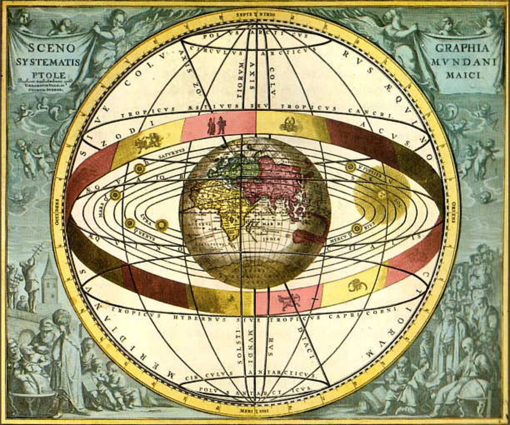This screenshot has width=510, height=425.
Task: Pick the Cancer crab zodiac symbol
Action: click(291, 124)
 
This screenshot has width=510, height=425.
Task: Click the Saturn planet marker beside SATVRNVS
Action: click(139, 169)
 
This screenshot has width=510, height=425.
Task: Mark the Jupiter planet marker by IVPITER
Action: click(351, 167)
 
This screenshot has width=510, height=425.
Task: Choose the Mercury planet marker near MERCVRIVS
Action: click(357, 228)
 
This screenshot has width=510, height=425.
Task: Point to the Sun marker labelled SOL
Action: click(382, 195)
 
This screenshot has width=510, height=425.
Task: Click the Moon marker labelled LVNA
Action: click(130, 223)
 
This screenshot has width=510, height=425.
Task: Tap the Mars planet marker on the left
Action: click(115, 195)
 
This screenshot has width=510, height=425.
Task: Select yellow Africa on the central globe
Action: click(221, 208)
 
